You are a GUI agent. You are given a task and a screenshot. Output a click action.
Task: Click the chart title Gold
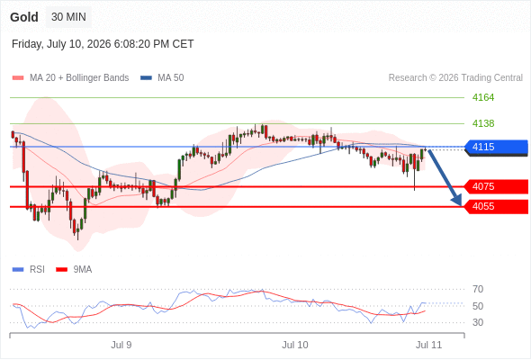tap(24, 17)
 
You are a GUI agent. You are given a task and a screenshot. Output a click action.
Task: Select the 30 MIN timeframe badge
tap(68, 17)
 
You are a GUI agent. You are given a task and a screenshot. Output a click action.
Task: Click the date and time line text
tap(103, 44)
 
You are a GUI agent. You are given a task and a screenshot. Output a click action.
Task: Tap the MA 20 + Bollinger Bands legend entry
tap(70, 78)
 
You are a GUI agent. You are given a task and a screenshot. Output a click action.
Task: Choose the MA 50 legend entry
tap(162, 78)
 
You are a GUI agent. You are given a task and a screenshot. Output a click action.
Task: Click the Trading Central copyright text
tap(455, 78)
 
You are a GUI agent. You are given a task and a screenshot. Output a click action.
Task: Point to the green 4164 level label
tap(483, 97)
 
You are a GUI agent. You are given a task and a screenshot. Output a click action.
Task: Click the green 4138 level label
tap(483, 123)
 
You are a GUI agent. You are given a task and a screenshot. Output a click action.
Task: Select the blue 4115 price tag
tap(496, 147)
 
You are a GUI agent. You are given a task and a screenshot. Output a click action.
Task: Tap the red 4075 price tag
tap(496, 186)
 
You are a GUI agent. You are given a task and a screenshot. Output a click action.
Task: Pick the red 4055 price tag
tap(496, 207)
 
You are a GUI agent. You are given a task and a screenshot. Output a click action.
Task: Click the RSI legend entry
tap(29, 270)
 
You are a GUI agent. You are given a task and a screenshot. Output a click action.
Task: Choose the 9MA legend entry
tap(74, 270)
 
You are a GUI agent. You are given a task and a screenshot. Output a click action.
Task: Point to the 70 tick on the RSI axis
tap(478, 289)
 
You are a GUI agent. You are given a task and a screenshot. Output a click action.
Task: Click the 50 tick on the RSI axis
tap(478, 306)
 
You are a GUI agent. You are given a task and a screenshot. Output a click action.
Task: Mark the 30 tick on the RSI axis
tap(478, 322)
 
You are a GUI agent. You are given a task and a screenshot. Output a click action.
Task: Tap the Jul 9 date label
tap(121, 345)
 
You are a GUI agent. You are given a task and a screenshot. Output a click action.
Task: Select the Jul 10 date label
tap(295, 345)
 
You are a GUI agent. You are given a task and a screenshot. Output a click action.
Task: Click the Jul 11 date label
tap(428, 345)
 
